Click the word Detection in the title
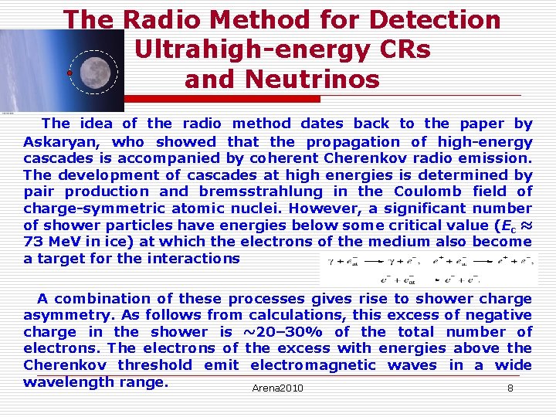pos(436,19)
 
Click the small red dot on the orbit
pos(69,73)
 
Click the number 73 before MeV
pos(34,242)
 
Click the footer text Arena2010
pos(277,388)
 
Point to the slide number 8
pos(510,388)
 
